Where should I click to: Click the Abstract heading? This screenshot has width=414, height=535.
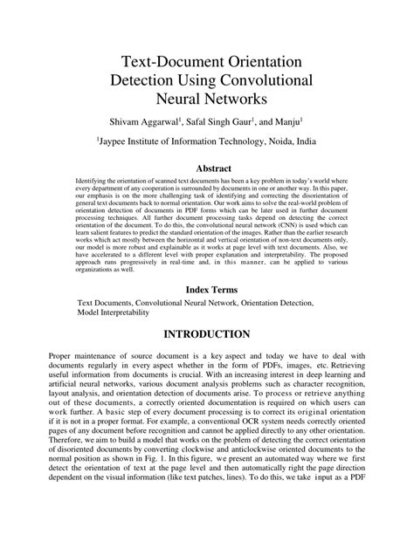point(207,168)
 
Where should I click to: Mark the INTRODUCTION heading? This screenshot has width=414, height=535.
point(207,334)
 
